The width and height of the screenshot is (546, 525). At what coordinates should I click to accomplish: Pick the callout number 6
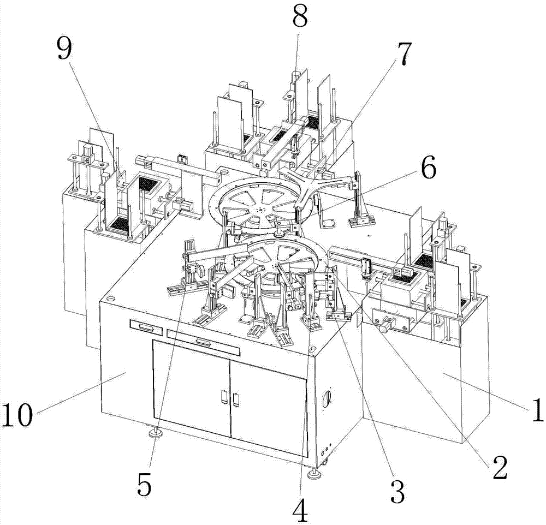[426, 170]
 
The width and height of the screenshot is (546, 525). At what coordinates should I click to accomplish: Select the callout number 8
[300, 17]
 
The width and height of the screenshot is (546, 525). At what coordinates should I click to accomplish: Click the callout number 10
[18, 415]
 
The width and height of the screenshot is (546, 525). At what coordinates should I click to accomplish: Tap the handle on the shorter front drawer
[147, 327]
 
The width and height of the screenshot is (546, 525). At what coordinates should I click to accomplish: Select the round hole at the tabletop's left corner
[112, 299]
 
